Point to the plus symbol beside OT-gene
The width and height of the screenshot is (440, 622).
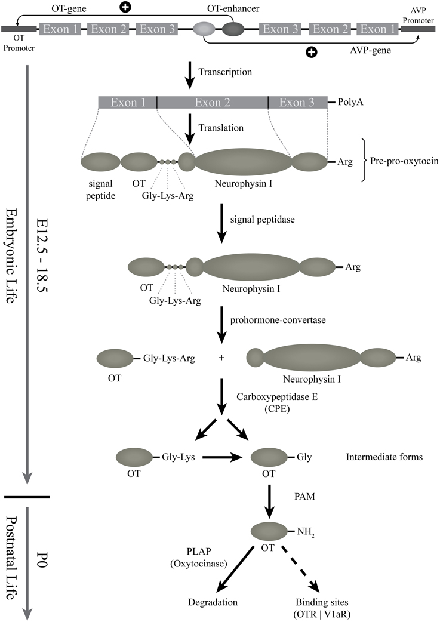tap(125, 8)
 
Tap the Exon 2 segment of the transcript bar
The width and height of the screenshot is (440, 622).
tap(213, 102)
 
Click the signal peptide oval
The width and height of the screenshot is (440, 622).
tap(100, 161)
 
